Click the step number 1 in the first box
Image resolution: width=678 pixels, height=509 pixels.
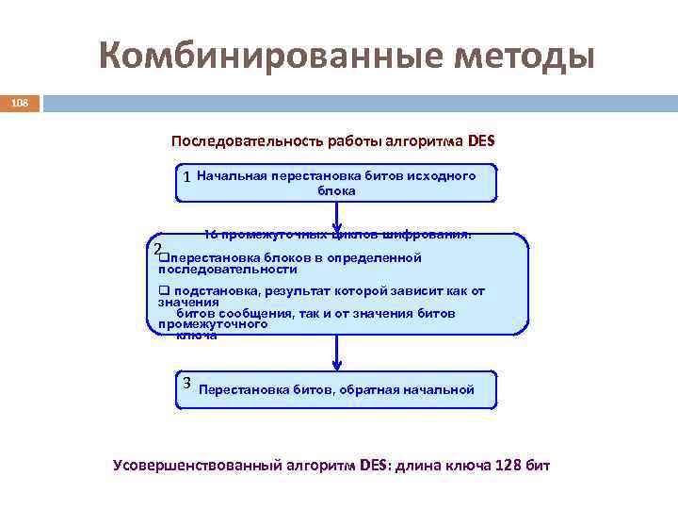click(188, 177)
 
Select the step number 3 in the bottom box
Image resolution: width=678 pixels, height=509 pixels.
click(187, 382)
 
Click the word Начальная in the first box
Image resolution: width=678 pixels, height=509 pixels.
click(232, 175)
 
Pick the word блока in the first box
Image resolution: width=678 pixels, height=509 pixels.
click(336, 190)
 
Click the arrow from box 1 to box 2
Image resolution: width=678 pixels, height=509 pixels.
click(337, 218)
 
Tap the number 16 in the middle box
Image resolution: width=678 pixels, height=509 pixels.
click(211, 234)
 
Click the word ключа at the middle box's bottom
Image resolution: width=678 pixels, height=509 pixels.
click(197, 336)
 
